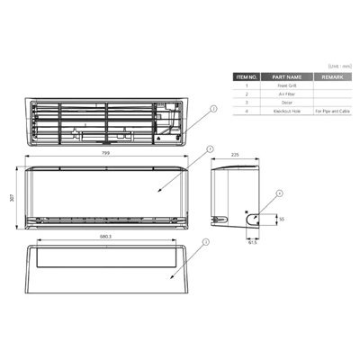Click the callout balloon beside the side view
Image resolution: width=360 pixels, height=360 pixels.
coord(280,193)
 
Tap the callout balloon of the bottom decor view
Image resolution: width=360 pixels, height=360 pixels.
coord(206,242)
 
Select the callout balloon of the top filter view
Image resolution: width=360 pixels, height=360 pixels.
coord(213,108)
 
